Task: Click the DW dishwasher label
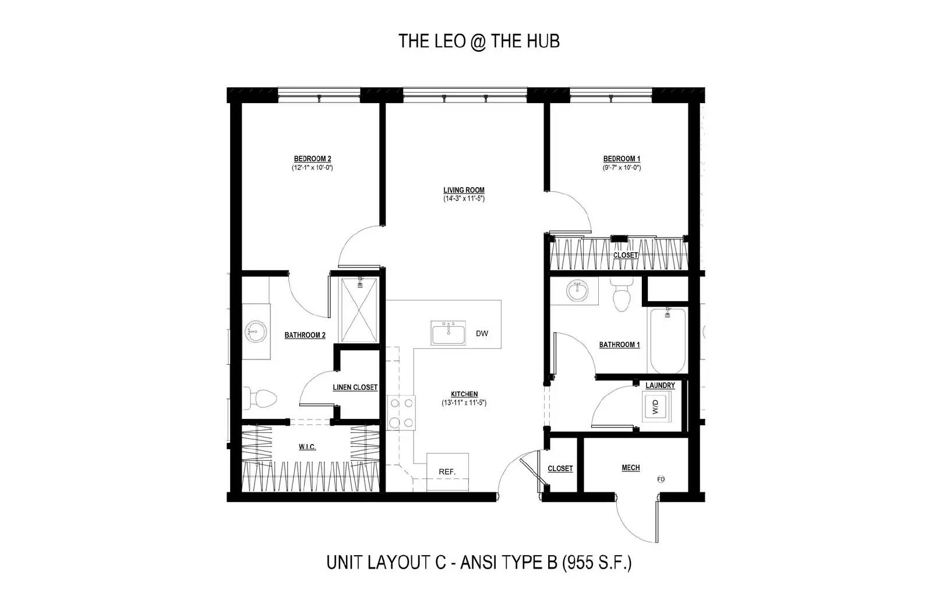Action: click(482, 334)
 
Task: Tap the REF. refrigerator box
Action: click(447, 471)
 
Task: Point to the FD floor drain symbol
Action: click(661, 479)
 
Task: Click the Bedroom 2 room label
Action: click(312, 159)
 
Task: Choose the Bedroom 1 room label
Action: click(622, 159)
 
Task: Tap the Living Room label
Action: click(464, 190)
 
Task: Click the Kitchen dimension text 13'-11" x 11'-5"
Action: click(464, 403)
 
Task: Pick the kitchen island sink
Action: click(448, 333)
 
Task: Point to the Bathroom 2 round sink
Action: click(256, 332)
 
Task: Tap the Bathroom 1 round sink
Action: click(578, 291)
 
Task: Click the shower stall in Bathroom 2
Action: click(359, 309)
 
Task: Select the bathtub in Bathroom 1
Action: click(668, 341)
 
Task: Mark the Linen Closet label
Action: click(355, 387)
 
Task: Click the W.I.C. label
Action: click(307, 447)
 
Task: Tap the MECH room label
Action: click(630, 468)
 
